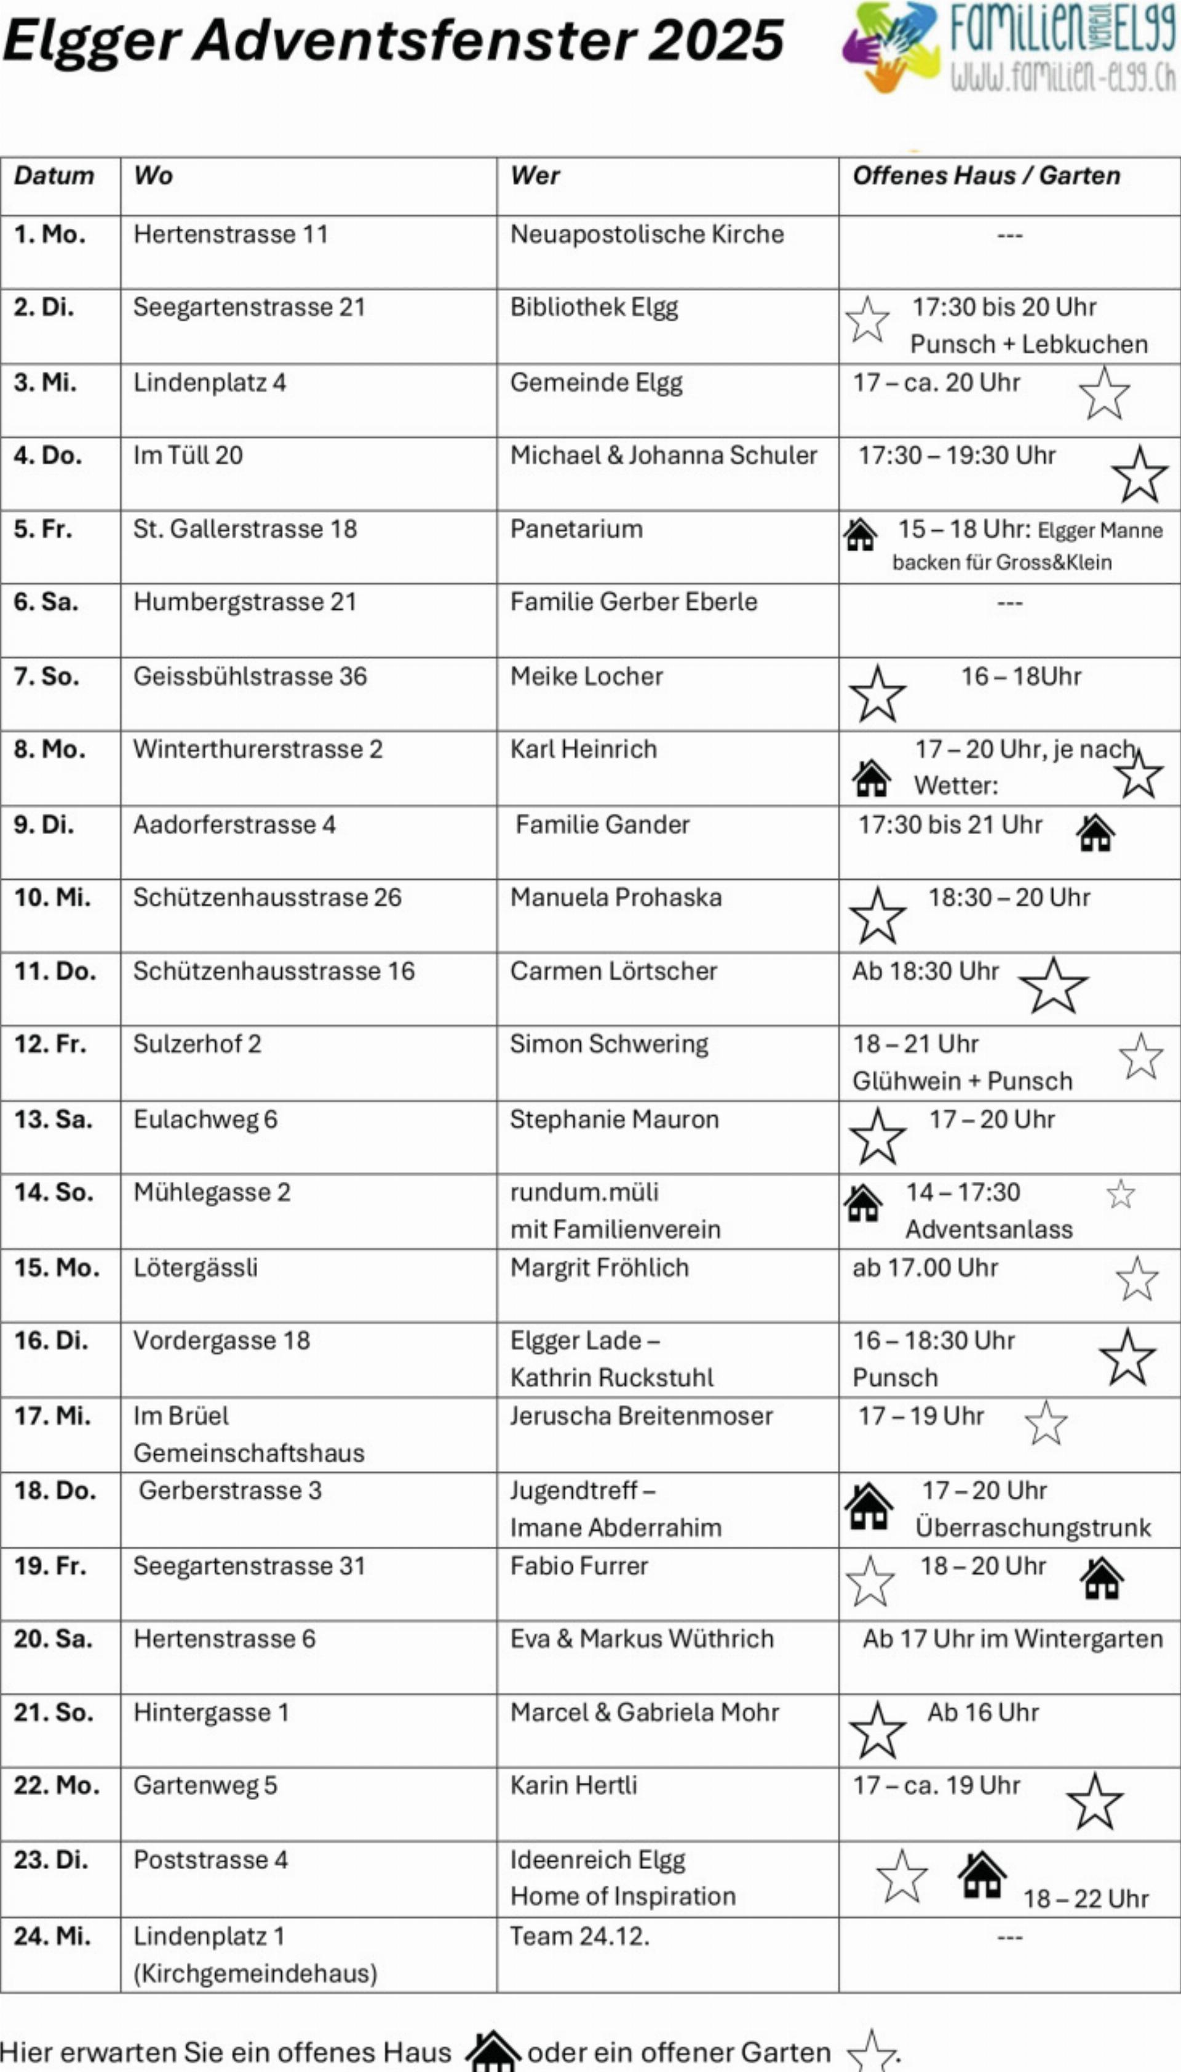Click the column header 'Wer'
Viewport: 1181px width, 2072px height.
pyautogui.click(x=535, y=175)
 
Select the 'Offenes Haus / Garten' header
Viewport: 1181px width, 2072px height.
pyautogui.click(x=985, y=175)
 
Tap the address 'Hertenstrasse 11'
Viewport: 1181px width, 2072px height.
pyautogui.click(x=231, y=234)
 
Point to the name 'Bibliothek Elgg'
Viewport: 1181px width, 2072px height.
pyautogui.click(x=594, y=308)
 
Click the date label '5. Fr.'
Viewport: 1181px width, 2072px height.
pyautogui.click(x=42, y=529)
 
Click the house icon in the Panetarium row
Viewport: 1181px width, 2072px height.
pyautogui.click(x=860, y=535)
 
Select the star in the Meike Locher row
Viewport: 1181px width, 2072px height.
pyautogui.click(x=877, y=694)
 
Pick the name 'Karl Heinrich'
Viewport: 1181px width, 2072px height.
pyautogui.click(x=583, y=749)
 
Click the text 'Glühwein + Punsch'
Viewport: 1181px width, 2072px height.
pyautogui.click(x=962, y=1081)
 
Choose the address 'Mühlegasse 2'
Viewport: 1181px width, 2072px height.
pyautogui.click(x=212, y=1192)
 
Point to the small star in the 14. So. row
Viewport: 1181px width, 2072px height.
pyautogui.click(x=1120, y=1193)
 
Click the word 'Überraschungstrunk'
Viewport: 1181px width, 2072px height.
pyautogui.click(x=1033, y=1527)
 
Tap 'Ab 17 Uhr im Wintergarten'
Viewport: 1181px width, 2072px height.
pyautogui.click(x=1012, y=1639)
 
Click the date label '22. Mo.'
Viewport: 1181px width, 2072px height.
pyautogui.click(x=56, y=1785)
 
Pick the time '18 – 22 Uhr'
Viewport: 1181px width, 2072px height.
pyautogui.click(x=1085, y=1899)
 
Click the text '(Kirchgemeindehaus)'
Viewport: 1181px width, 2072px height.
pyautogui.click(x=255, y=1972)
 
